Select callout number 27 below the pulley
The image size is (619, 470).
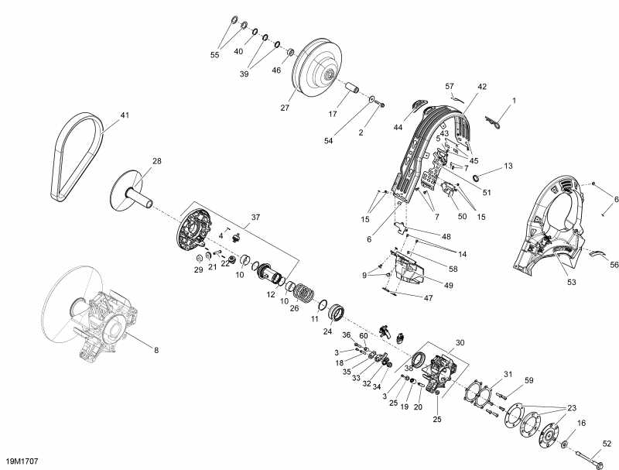tap(284, 108)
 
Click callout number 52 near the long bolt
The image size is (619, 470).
tap(606, 444)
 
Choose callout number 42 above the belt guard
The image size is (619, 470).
tap(481, 86)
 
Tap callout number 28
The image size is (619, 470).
tap(156, 161)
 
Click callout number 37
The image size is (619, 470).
tap(255, 216)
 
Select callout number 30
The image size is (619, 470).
tap(481, 341)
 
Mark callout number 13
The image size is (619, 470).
tap(508, 166)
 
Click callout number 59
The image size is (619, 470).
tap(529, 380)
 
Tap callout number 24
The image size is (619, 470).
tap(327, 331)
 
